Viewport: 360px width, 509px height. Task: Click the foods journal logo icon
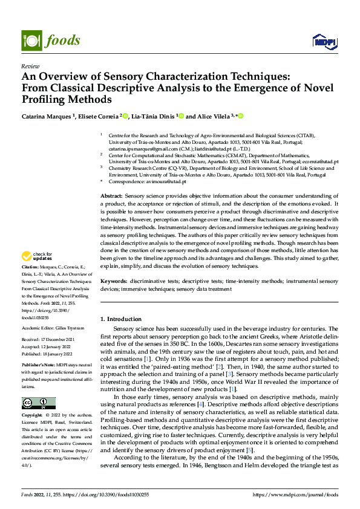tap(31, 41)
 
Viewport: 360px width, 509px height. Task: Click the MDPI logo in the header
tap(324, 41)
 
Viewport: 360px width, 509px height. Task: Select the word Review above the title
tap(30, 66)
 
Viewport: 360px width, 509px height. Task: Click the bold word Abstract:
tap(111, 197)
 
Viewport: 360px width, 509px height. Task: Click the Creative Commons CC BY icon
tap(38, 403)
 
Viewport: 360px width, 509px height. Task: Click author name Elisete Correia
tap(100, 116)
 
